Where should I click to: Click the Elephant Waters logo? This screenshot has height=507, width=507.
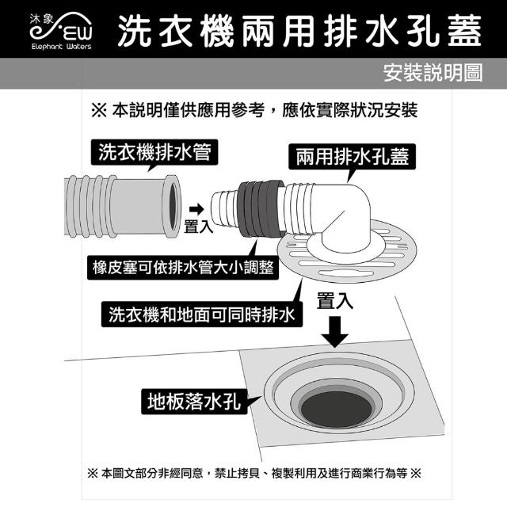click(x=61, y=31)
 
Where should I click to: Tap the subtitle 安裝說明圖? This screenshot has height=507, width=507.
click(x=433, y=73)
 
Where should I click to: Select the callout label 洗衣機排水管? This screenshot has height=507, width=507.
click(x=154, y=152)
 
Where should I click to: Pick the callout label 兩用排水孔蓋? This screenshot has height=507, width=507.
click(x=352, y=157)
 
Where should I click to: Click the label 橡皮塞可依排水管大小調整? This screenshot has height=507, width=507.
click(x=183, y=268)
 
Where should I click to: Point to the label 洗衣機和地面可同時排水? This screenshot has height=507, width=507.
click(x=202, y=314)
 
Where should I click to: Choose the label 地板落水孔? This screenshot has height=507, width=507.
click(x=194, y=402)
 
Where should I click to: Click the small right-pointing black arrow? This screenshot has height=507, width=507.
click(x=196, y=209)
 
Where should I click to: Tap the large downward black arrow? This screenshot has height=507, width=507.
click(x=335, y=331)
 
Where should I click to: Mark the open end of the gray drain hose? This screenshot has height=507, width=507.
click(x=173, y=207)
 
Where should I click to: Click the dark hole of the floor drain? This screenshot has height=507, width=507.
click(x=337, y=409)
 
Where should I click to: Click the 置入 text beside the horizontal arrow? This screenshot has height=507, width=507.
click(x=198, y=227)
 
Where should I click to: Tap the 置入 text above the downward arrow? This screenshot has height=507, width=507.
click(x=334, y=301)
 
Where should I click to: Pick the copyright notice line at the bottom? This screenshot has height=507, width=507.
click(x=254, y=474)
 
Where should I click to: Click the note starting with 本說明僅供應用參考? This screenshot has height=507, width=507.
click(x=254, y=110)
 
